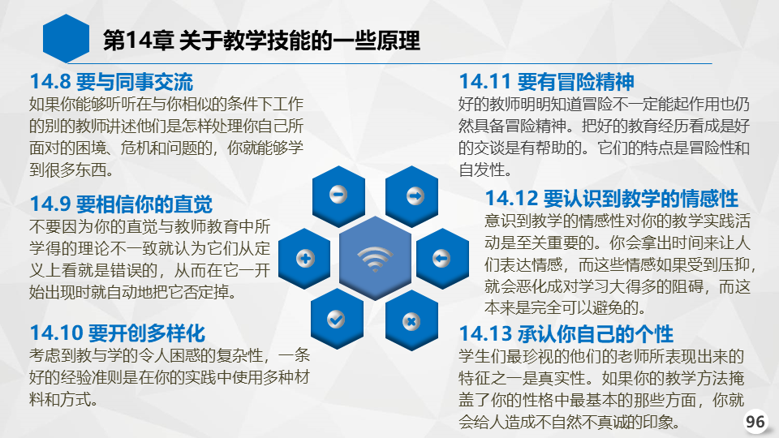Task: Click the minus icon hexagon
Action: [x=338, y=195]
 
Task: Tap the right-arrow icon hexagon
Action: [x=412, y=195]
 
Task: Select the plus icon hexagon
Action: [x=304, y=258]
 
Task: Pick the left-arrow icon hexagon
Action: [x=442, y=258]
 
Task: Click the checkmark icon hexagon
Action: [x=337, y=320]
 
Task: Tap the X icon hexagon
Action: [x=411, y=321]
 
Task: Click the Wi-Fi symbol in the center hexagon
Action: [x=375, y=259]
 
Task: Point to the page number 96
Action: [x=755, y=422]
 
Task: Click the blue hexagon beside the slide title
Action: [x=66, y=39]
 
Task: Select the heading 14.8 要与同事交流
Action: [x=111, y=82]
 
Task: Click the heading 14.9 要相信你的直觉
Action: [x=121, y=204]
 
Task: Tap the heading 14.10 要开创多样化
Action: [x=117, y=333]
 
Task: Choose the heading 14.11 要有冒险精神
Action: [x=546, y=82]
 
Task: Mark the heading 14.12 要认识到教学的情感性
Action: [x=612, y=199]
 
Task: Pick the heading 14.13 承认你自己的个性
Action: [x=566, y=333]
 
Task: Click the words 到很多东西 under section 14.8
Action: [x=67, y=170]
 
